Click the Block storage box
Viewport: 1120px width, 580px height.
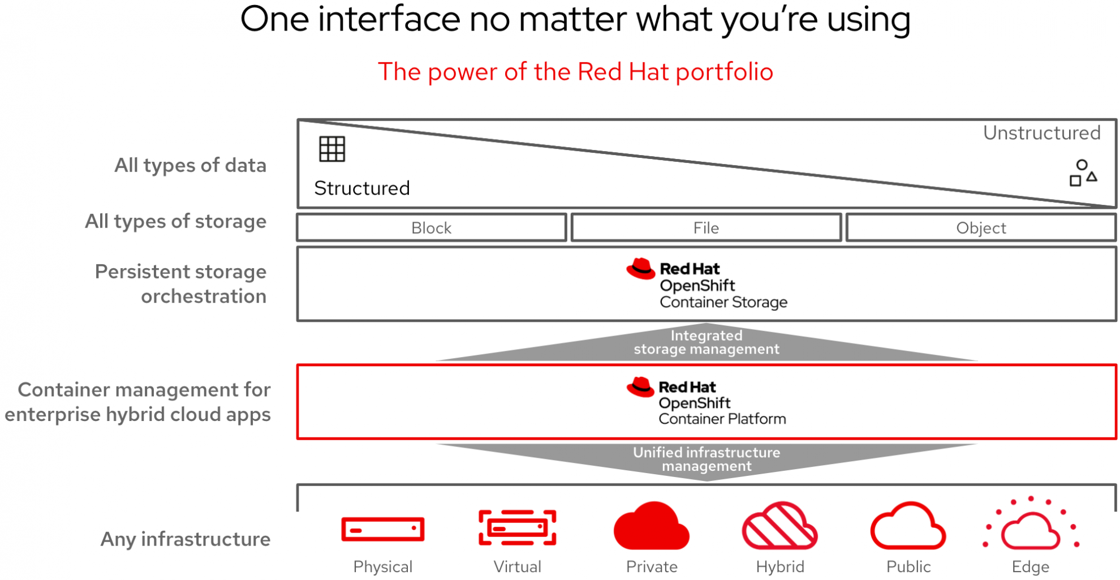click(432, 227)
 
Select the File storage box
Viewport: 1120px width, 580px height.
click(706, 227)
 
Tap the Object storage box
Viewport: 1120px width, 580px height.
click(981, 227)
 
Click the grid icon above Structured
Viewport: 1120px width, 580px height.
click(332, 149)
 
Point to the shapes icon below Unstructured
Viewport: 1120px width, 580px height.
click(1083, 173)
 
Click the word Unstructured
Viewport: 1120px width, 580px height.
click(1042, 133)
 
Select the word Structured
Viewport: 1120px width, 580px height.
click(362, 188)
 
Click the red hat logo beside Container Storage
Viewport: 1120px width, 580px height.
click(641, 269)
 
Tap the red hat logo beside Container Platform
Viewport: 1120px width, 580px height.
click(640, 387)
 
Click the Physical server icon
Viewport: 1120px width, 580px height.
click(383, 530)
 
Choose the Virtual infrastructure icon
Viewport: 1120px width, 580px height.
click(518, 527)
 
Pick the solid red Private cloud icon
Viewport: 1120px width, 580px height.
click(652, 526)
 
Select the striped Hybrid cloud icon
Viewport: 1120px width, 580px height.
click(780, 526)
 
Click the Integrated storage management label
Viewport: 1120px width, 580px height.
click(707, 342)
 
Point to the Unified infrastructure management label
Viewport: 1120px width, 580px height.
click(707, 459)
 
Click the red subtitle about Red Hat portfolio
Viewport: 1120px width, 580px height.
click(575, 72)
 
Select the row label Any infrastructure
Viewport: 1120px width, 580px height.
click(186, 539)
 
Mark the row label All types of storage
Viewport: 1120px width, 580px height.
click(175, 221)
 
